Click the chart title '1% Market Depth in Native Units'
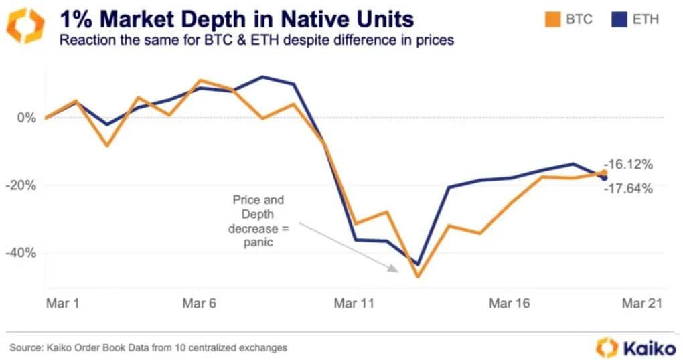click(x=236, y=19)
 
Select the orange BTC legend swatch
click(x=552, y=19)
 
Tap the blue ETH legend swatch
click(x=619, y=19)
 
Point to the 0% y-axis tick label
click(x=27, y=118)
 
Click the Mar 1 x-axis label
click(x=63, y=303)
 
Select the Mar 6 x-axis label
click(x=199, y=303)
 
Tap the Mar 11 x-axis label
click(x=354, y=303)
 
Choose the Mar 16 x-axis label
click(x=509, y=303)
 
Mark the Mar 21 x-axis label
click(x=642, y=303)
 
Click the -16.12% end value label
click(x=628, y=165)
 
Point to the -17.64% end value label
click(x=628, y=189)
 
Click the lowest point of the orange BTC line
click(x=418, y=276)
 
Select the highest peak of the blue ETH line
click(x=262, y=77)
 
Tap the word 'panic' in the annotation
click(x=258, y=242)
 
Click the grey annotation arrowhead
click(x=393, y=268)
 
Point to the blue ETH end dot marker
click(x=604, y=177)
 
